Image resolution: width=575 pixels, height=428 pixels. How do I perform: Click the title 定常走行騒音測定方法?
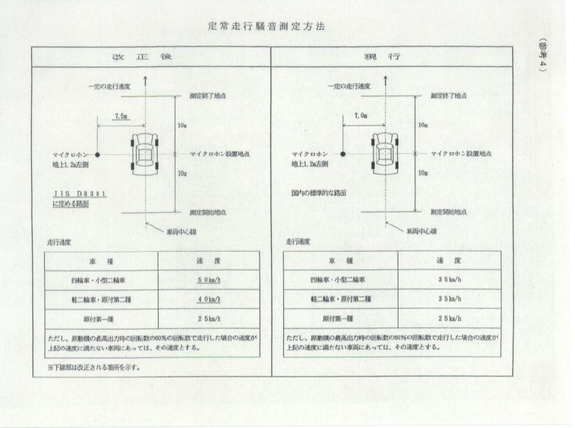tap(266, 26)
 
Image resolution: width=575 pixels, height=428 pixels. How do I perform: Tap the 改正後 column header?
tap(142, 57)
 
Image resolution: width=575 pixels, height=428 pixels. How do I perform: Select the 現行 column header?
tap(382, 57)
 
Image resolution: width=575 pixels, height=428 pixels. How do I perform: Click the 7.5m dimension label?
tap(121, 116)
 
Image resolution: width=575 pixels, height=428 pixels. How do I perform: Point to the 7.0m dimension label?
tap(361, 115)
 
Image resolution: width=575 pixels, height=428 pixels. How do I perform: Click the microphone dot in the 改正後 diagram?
tap(97, 155)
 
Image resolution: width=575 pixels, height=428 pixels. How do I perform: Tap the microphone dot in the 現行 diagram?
tap(343, 154)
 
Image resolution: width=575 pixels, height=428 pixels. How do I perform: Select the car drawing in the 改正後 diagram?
tap(146, 154)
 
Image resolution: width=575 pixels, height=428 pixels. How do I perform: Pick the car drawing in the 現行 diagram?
tap(385, 154)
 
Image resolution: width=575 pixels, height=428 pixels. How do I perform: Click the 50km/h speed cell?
tap(209, 280)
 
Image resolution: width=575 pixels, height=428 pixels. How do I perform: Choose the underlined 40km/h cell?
tap(209, 299)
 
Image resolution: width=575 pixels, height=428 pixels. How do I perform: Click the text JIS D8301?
tap(80, 194)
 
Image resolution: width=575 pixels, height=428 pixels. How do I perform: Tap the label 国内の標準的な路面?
tap(319, 192)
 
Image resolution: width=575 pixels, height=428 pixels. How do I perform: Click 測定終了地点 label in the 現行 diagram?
tap(448, 96)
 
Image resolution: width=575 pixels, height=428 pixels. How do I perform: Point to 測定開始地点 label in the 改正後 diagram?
tap(208, 212)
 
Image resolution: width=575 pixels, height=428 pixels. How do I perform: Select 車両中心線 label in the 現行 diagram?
tap(422, 231)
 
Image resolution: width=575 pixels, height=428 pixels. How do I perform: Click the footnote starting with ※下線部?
tap(94, 367)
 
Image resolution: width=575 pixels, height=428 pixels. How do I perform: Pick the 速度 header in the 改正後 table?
tap(209, 261)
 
